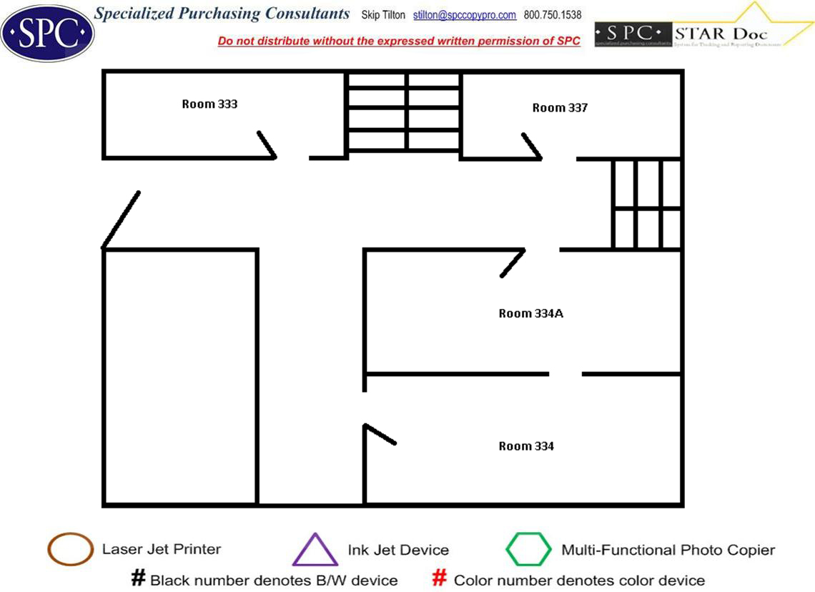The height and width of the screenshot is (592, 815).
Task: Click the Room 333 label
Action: point(209,104)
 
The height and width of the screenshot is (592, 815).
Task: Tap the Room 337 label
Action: point(560,108)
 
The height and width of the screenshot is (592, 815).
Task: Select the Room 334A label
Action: point(530,313)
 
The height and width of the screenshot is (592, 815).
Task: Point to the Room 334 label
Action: point(526,446)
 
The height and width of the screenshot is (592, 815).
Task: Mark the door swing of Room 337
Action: point(532,146)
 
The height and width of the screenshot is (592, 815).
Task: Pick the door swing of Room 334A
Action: point(513,262)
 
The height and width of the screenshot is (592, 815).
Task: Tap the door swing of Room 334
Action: point(380,435)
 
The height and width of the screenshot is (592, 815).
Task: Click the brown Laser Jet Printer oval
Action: point(70,549)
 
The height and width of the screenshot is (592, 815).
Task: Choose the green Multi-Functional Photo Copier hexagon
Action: point(529,550)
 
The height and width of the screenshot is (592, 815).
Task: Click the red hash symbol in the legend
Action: point(440,578)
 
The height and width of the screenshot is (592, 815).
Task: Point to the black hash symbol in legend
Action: point(139,578)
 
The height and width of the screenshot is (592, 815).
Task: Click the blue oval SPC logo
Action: point(47,33)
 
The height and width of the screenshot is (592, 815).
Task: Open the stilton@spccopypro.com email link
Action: point(465,15)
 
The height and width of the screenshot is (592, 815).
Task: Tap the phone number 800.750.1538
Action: point(553,15)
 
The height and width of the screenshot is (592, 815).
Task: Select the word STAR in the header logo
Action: point(698,33)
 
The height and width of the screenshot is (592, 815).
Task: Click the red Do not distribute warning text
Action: point(399,41)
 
